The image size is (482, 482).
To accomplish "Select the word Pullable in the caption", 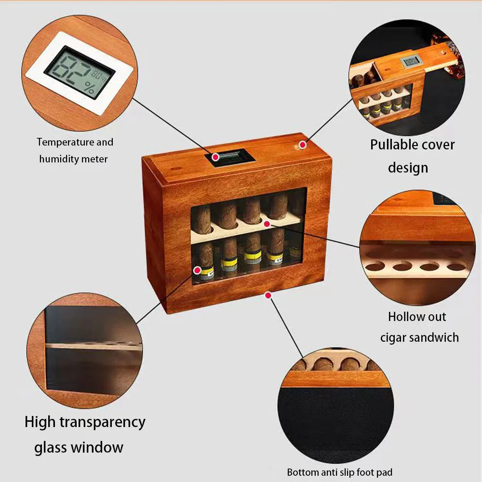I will [x=389, y=144].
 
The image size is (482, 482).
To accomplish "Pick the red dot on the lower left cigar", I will [x=197, y=270].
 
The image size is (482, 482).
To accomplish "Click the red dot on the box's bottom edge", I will [x=268, y=294].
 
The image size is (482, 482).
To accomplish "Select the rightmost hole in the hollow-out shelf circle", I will [x=456, y=265].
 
